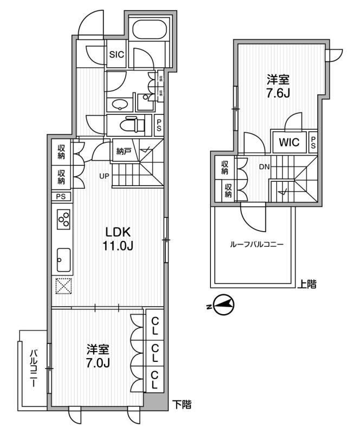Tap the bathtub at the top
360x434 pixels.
149,30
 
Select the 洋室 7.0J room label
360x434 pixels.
99,356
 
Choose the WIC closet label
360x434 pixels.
289,143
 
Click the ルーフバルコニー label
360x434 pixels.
256,245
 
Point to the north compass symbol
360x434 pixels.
223,305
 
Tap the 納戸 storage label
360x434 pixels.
124,152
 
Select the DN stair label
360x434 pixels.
264,167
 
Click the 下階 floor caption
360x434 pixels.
181,404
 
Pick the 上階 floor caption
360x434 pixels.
307,283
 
